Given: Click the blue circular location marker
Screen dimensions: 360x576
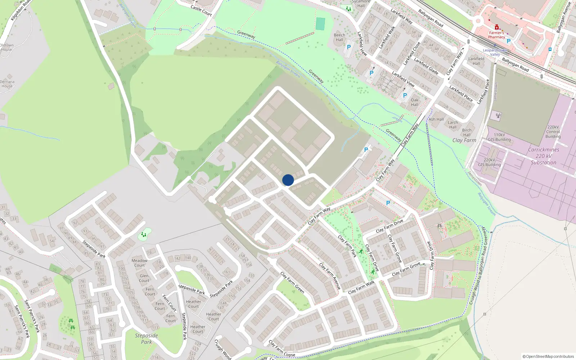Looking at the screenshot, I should (288, 180).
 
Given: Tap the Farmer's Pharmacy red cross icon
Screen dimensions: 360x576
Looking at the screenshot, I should (497, 27).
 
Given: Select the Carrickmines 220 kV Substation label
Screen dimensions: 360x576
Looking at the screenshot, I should (544, 156).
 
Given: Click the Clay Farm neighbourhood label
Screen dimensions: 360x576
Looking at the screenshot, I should (464, 140).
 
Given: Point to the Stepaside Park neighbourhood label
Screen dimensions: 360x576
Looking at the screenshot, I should (147, 339).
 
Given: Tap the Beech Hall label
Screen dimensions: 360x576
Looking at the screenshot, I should (339, 37).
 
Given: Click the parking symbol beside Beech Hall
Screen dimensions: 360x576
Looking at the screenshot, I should (348, 47).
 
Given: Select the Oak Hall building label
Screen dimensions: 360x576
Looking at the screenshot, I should (415, 103).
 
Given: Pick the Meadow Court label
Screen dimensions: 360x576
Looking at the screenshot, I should (139, 263).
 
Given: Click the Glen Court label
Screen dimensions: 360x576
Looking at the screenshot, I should (144, 278).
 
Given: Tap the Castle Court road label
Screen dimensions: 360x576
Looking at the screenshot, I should (201, 10).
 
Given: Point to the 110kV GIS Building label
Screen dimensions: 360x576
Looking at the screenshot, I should (499, 137).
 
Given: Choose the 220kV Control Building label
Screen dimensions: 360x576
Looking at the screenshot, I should (553, 132).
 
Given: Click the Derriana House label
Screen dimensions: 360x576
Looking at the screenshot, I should (7, 84).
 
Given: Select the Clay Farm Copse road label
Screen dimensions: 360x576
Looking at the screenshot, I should (282, 349).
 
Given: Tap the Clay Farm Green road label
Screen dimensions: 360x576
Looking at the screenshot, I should (292, 283).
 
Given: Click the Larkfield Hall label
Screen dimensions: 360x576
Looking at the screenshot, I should (476, 61).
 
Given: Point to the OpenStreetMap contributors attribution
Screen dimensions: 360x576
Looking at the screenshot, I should (548, 357).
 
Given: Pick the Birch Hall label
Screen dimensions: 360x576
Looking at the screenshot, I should (467, 132).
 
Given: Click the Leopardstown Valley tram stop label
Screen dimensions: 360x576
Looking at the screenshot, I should (495, 53).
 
